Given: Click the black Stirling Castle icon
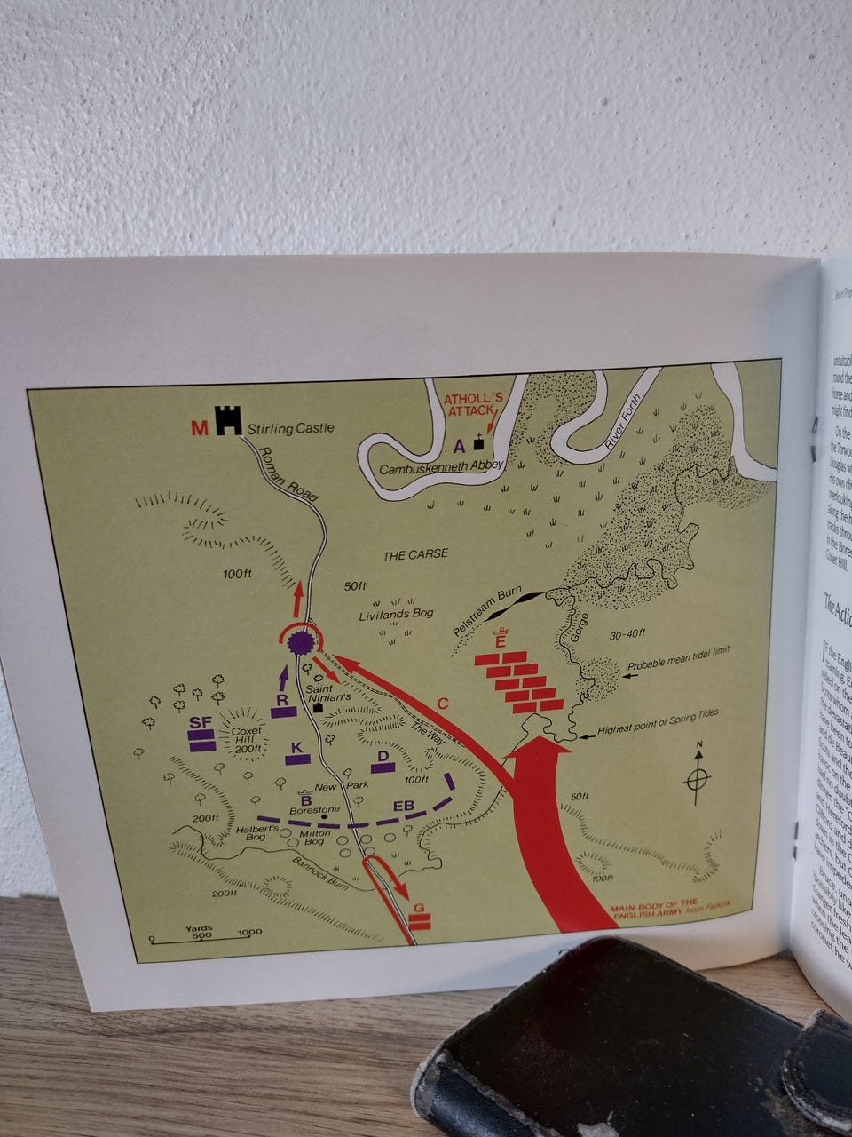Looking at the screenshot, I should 229,419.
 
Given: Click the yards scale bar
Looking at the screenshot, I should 200,936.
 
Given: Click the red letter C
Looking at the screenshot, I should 443,704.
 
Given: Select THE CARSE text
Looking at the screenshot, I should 414,555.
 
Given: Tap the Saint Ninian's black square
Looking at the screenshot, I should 318,708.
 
